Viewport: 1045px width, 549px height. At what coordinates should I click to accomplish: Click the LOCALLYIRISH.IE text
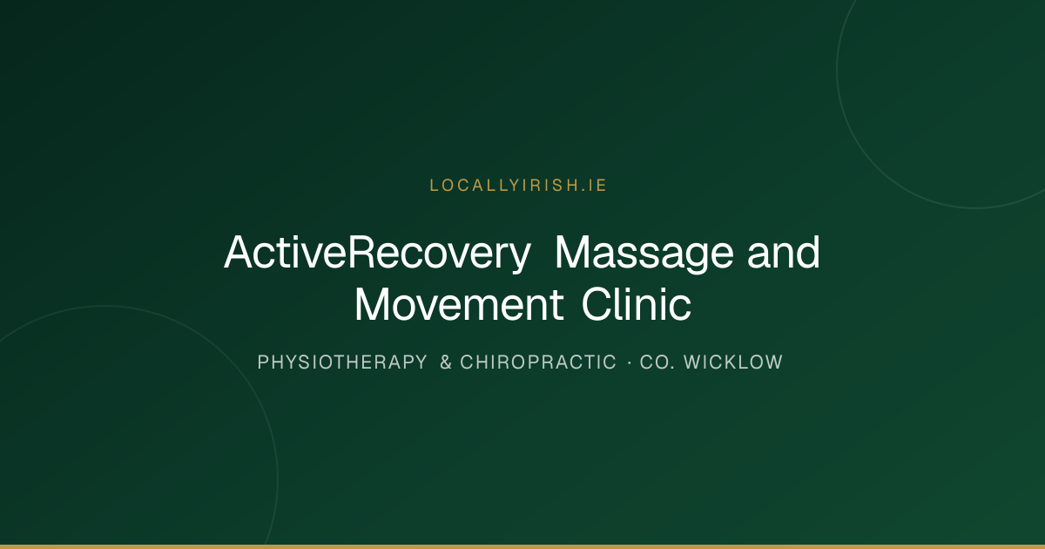(518, 186)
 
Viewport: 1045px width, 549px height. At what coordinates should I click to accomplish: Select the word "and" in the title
(784, 252)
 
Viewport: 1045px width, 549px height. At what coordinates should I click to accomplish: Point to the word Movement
(459, 304)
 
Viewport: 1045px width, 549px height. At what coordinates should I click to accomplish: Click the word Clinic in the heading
(637, 304)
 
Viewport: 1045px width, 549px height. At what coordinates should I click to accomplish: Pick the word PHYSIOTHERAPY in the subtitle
(342, 363)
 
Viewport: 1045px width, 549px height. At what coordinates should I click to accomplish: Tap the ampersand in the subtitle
(446, 363)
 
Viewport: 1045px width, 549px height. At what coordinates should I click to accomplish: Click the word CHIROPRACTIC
(538, 363)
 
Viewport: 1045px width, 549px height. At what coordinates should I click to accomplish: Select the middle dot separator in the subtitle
(630, 363)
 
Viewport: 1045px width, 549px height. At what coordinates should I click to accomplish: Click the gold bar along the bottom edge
(522, 546)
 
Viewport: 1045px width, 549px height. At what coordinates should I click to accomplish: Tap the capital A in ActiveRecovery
(239, 252)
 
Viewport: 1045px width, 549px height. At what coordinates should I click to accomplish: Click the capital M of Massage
(573, 252)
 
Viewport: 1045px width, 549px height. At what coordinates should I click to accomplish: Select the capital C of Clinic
(597, 304)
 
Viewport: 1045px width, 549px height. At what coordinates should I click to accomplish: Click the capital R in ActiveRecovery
(362, 252)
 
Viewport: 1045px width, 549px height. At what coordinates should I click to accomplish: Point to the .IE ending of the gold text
(594, 186)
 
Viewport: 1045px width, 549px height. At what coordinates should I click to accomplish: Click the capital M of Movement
(374, 304)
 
